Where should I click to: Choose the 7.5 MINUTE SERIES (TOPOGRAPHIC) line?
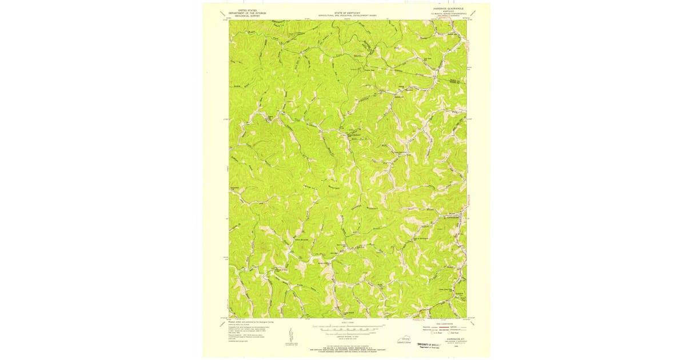pos(449,15)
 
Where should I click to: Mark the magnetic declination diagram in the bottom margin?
pos(291,335)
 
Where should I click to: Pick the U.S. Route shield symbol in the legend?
pos(433,333)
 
